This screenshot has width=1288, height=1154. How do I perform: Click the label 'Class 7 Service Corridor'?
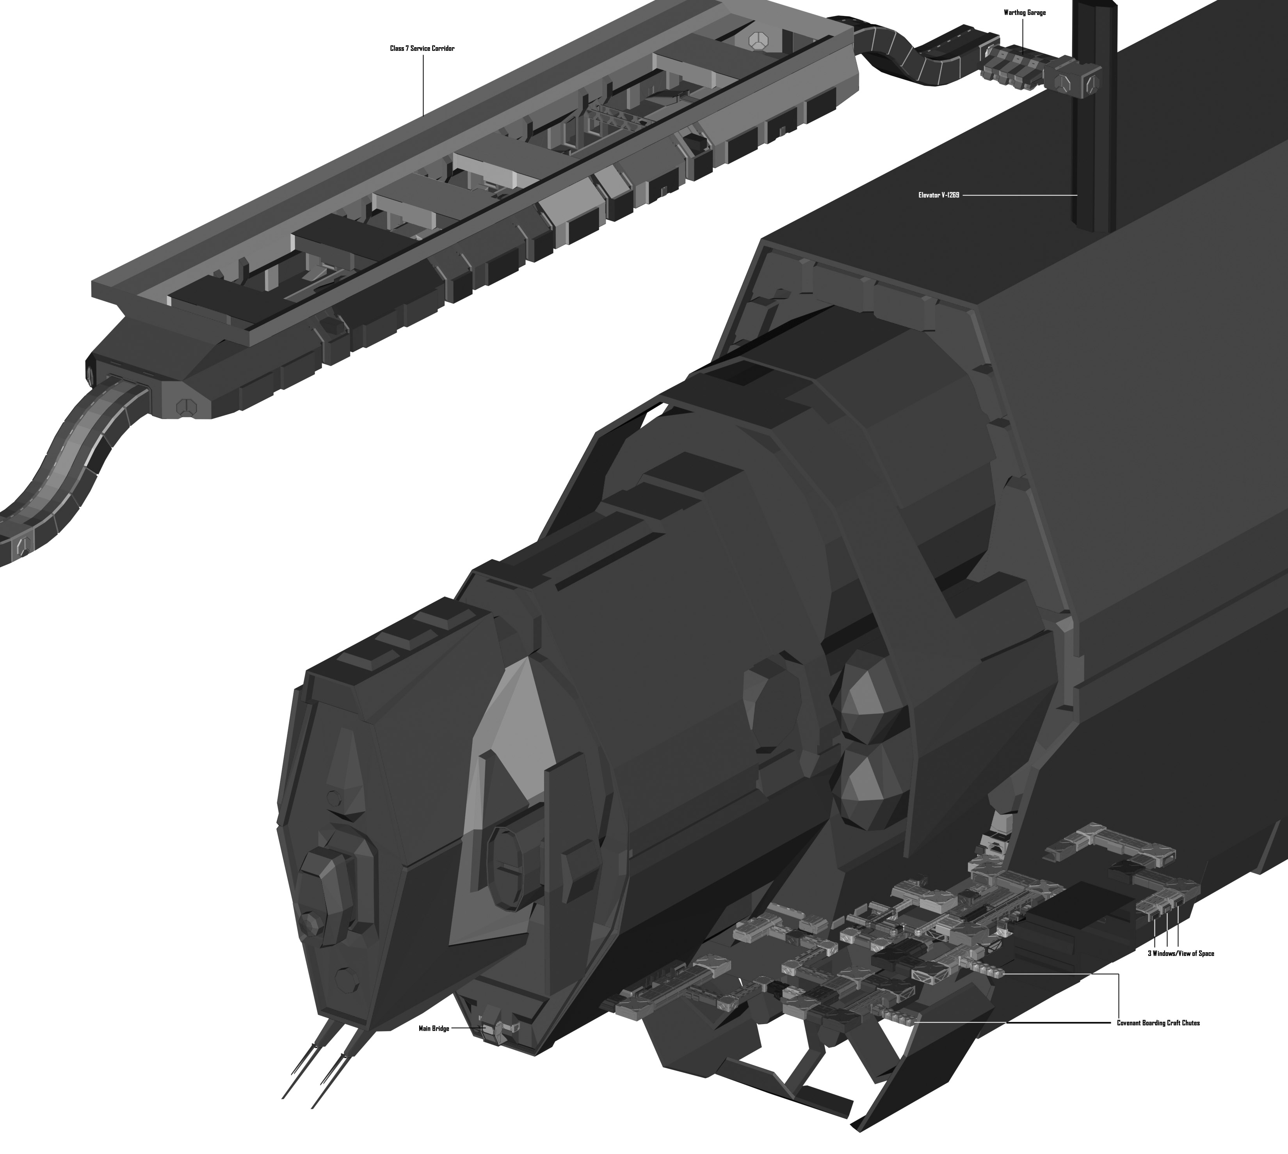click(x=422, y=48)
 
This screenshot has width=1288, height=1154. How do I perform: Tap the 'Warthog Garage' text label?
click(x=1025, y=13)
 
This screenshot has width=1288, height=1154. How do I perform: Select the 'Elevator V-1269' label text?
click(x=938, y=195)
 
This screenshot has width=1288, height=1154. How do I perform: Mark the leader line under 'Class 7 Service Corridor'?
click(x=423, y=84)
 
